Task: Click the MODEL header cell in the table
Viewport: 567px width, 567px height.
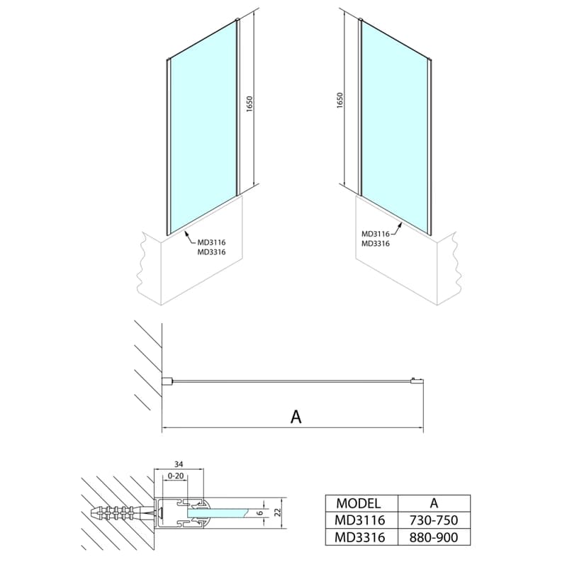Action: pos(358,503)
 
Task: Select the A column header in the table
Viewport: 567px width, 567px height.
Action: pos(434,503)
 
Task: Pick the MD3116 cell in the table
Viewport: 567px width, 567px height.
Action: pos(360,520)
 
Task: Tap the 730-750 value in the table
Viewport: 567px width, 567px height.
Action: pos(434,520)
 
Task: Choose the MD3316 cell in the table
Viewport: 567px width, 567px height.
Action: pos(360,537)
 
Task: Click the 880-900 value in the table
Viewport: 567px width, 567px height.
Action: pos(434,537)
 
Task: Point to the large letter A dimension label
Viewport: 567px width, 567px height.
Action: pos(296,417)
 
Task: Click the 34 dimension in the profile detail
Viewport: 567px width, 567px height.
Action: pos(179,464)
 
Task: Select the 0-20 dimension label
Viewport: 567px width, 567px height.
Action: pos(176,476)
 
